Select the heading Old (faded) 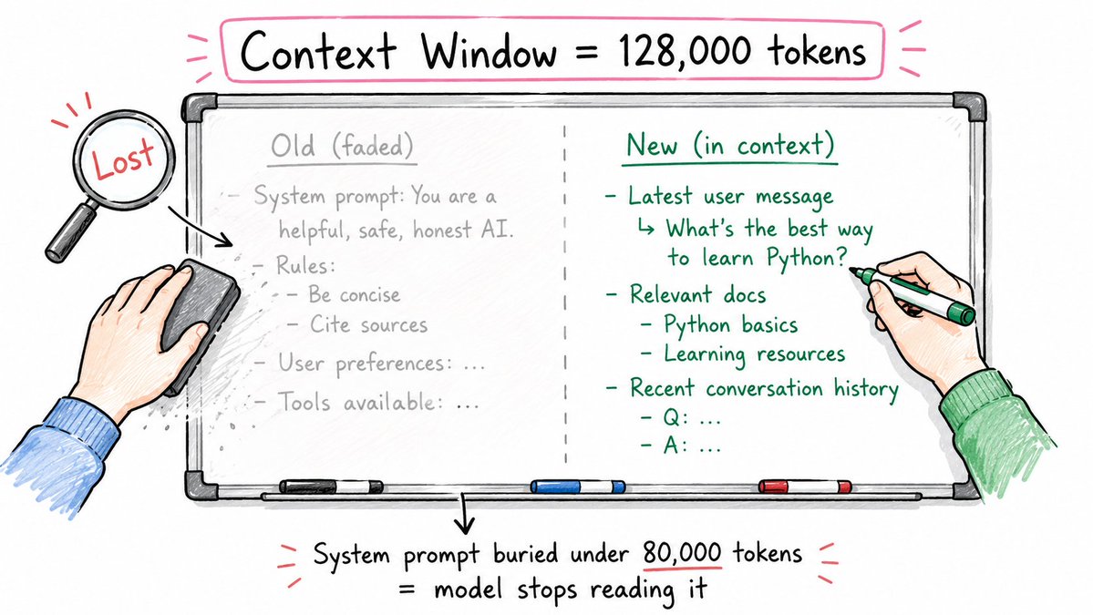[x=342, y=147]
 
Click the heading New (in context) [x=730, y=145]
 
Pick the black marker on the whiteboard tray [x=331, y=486]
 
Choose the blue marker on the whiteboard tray [x=578, y=487]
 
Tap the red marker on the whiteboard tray [x=804, y=486]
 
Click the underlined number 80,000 [x=682, y=554]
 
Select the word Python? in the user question [x=807, y=259]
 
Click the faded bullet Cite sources [x=369, y=324]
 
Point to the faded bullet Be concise [x=355, y=294]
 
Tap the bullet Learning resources [x=754, y=354]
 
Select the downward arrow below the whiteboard [x=465, y=514]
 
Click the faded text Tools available [x=360, y=402]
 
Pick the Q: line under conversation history [x=681, y=418]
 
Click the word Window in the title [x=489, y=52]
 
